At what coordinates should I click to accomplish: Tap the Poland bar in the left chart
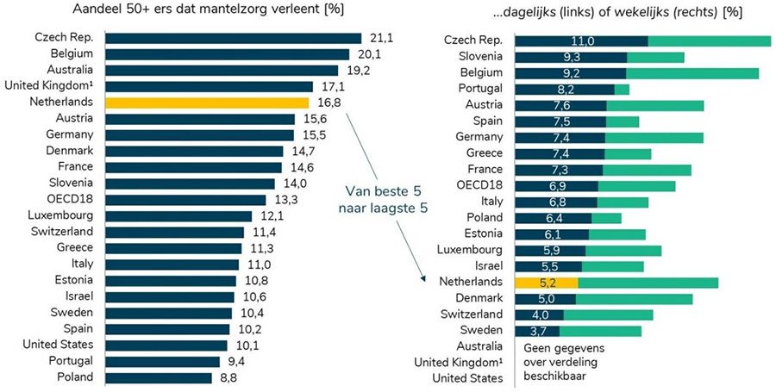[x=158, y=377]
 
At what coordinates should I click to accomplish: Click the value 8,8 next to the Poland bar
[x=226, y=377]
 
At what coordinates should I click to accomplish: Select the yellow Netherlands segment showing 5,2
[x=546, y=282]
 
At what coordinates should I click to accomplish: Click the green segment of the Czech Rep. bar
[x=709, y=41]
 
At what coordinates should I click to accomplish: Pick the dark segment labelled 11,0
[x=580, y=41]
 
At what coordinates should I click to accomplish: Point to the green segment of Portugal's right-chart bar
[x=622, y=89]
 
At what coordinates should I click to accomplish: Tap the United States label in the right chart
[x=467, y=378]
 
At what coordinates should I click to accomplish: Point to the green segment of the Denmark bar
[x=634, y=298]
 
